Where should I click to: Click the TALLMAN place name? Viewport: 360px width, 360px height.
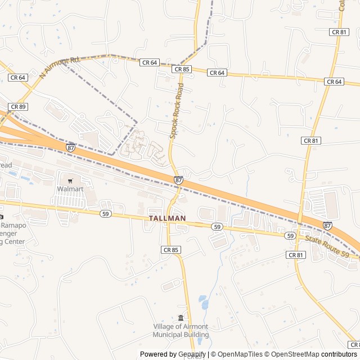click(168, 218)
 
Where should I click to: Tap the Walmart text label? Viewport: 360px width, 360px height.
click(70, 189)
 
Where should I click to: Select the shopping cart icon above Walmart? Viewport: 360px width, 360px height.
click(70, 181)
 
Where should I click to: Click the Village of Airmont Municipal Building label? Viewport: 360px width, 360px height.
click(181, 331)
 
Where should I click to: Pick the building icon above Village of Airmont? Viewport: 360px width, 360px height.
click(181, 318)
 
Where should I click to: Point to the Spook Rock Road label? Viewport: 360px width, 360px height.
click(177, 111)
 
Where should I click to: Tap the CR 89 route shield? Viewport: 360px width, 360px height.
click(17, 106)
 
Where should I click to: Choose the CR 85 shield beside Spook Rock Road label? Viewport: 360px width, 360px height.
click(182, 69)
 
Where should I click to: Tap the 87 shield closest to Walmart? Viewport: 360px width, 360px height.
click(70, 147)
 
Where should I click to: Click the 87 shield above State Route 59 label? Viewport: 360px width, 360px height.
click(327, 225)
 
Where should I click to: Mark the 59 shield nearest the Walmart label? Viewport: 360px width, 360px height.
click(105, 214)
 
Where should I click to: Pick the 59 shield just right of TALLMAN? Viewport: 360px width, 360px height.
click(217, 226)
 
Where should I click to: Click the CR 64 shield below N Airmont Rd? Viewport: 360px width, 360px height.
click(17, 78)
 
